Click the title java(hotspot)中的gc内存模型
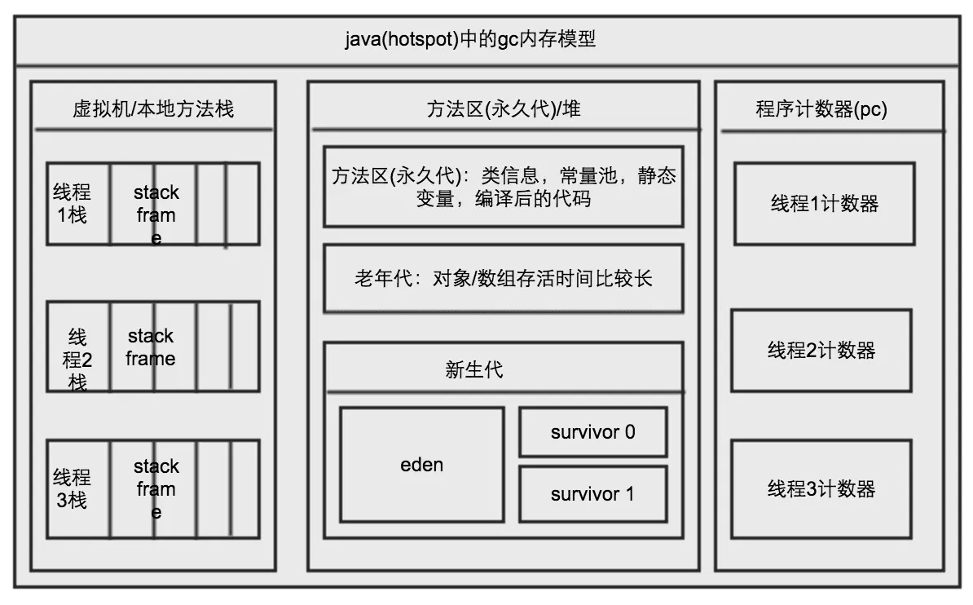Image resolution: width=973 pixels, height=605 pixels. coord(470,38)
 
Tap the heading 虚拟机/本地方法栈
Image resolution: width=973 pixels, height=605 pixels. coord(153,108)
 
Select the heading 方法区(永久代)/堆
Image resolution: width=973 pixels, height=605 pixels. coord(504,108)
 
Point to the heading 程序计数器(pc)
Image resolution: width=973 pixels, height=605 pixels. coord(821,109)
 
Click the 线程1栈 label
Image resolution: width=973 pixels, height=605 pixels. coord(72,204)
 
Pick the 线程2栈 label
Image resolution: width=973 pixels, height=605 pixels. coord(77,359)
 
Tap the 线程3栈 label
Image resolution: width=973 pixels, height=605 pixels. coord(72,488)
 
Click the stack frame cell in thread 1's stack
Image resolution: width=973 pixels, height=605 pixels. coord(156,204)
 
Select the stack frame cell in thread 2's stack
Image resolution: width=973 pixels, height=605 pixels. coord(151,347)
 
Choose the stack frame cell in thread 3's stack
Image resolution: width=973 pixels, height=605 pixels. coord(156,488)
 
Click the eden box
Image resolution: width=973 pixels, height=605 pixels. coord(422,465)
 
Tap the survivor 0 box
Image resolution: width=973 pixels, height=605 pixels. coord(592,432)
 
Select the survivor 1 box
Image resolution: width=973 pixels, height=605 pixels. coord(592,493)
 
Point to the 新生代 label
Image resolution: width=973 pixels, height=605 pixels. coord(474,369)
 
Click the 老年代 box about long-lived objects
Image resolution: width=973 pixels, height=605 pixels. coord(504,279)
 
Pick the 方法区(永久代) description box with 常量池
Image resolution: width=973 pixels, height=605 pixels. coord(504,187)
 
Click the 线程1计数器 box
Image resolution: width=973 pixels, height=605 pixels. coord(825,204)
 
